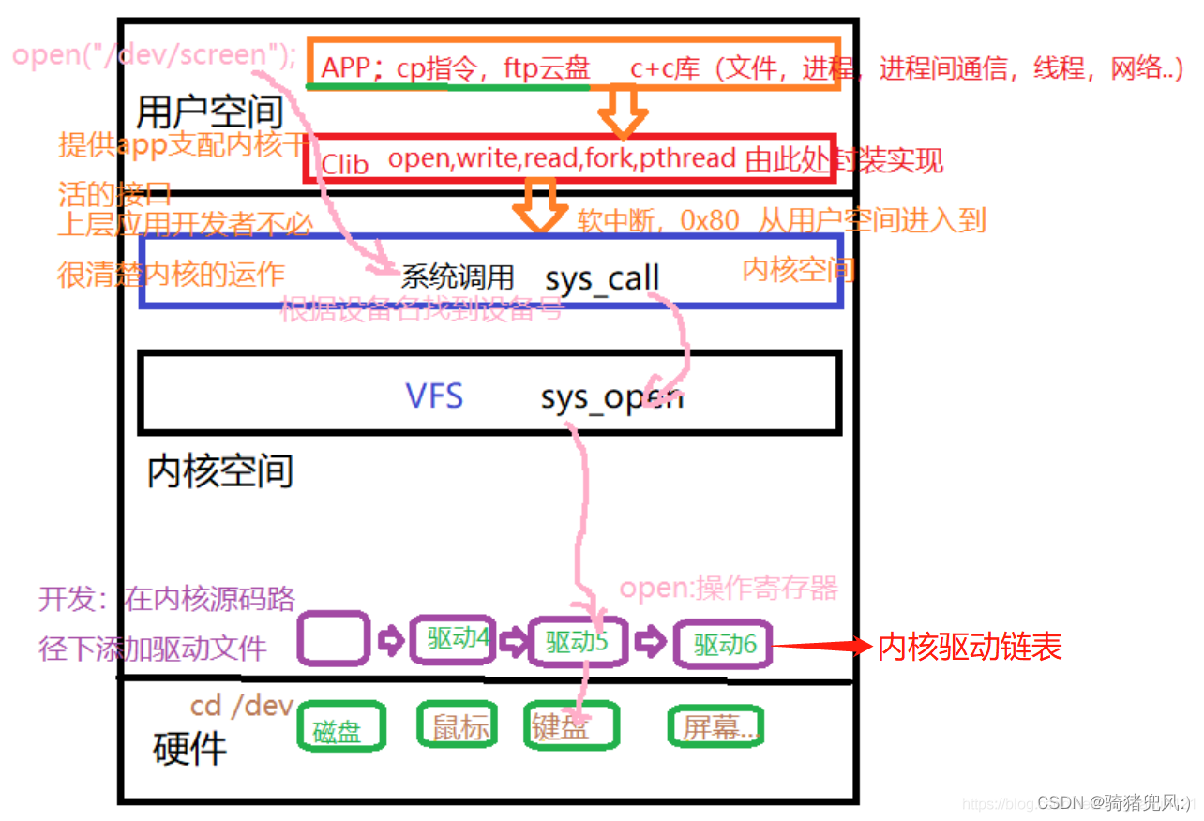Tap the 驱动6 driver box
pos(723,644)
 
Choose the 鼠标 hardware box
pos(460,725)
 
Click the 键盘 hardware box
pos(570,726)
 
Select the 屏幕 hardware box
pos(715,726)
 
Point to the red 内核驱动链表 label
pos(969,647)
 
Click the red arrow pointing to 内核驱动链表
pos(820,646)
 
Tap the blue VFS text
pos(434,396)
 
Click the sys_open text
pos(611,398)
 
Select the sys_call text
pos(602,278)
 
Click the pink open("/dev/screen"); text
pos(155,54)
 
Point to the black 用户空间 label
pos(209,112)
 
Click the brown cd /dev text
pos(242,705)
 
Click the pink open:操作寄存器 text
pos(728,589)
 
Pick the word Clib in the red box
pos(345,164)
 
